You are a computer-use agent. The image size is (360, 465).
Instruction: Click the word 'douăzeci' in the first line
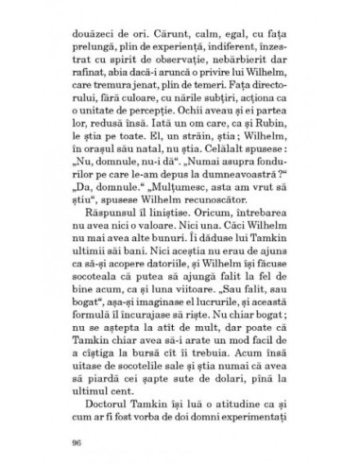97,43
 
